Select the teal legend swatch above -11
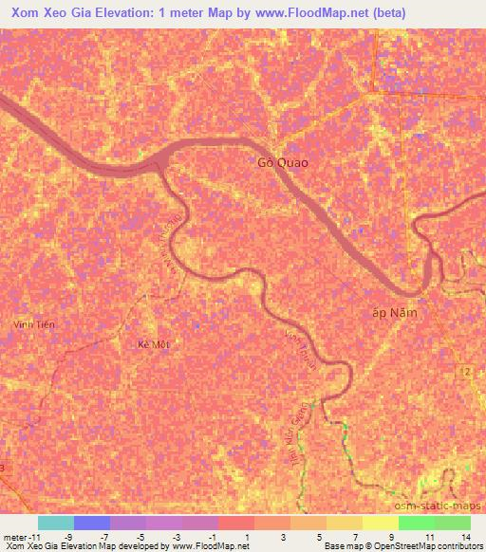(x=56, y=523)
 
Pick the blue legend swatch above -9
(x=92, y=523)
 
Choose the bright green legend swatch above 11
(x=416, y=523)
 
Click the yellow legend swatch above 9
(x=380, y=523)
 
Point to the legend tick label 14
(x=465, y=536)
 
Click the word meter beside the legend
(x=14, y=536)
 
